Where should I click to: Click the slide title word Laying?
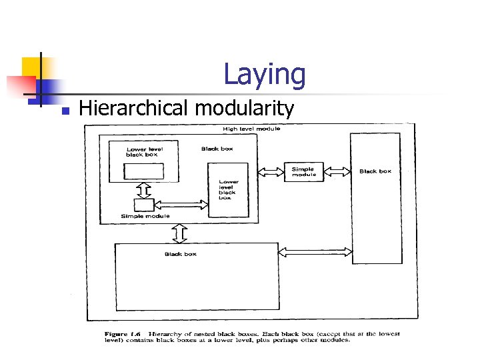click(264, 74)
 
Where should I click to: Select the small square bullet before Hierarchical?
click(65, 110)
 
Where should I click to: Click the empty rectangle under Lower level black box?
click(144, 171)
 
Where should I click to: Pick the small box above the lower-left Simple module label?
click(144, 205)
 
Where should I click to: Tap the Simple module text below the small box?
click(145, 216)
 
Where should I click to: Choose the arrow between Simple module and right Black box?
click(337, 171)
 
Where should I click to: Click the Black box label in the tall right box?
click(375, 171)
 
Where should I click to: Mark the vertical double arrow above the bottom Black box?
click(179, 233)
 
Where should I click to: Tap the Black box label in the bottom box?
click(180, 254)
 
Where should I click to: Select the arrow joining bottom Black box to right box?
click(314, 252)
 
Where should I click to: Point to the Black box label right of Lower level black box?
click(217, 149)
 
